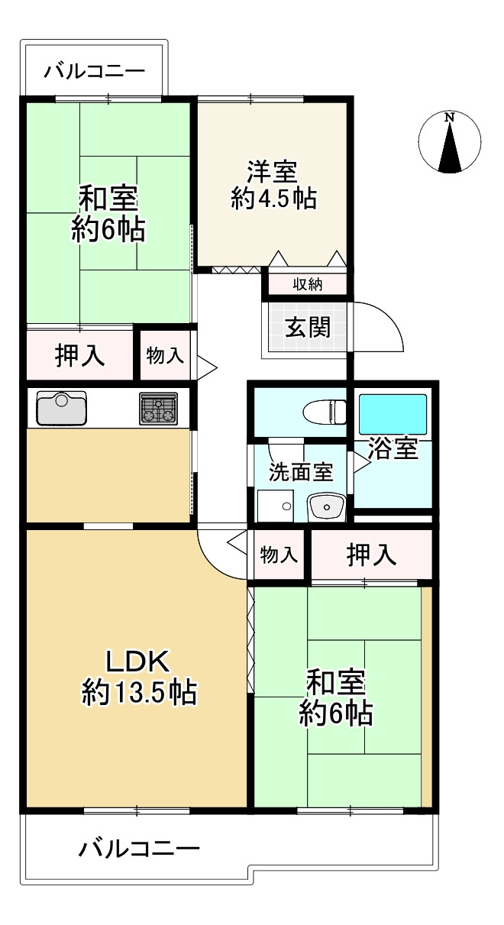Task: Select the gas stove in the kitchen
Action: point(158,408)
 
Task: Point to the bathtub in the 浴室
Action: point(393,415)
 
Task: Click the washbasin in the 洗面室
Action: point(328,506)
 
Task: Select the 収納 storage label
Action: point(308,285)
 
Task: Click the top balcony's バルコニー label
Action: point(93,73)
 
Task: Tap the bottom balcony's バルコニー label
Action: point(139,849)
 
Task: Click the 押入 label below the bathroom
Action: point(372,555)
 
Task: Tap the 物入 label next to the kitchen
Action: point(165,355)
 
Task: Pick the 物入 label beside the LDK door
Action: point(279,555)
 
